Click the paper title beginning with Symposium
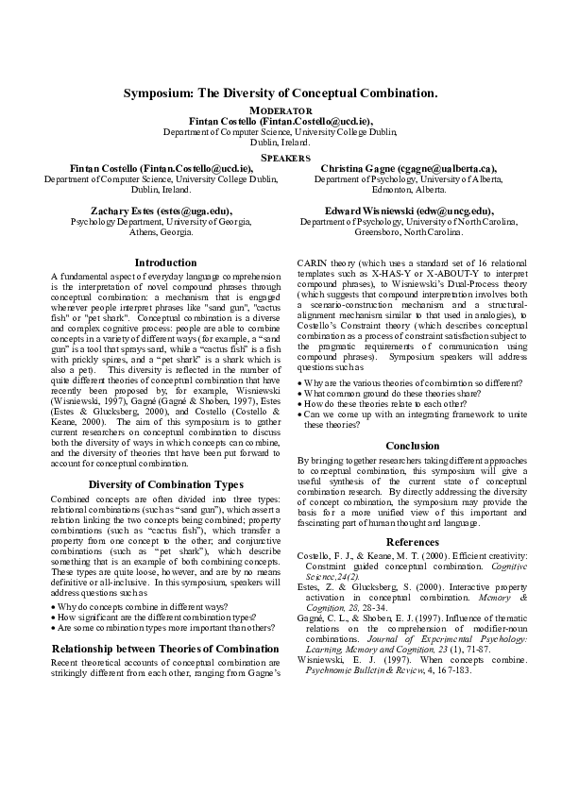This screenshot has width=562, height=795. (x=281, y=94)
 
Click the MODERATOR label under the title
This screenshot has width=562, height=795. (x=281, y=111)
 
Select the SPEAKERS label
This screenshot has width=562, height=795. (x=281, y=156)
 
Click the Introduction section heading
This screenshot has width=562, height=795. (x=165, y=262)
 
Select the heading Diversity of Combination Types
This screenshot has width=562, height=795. (x=165, y=484)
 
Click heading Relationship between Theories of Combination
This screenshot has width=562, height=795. (x=165, y=622)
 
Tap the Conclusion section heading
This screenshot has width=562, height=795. (x=412, y=446)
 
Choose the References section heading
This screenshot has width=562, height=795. (x=412, y=541)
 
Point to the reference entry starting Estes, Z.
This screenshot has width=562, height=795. (x=412, y=587)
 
